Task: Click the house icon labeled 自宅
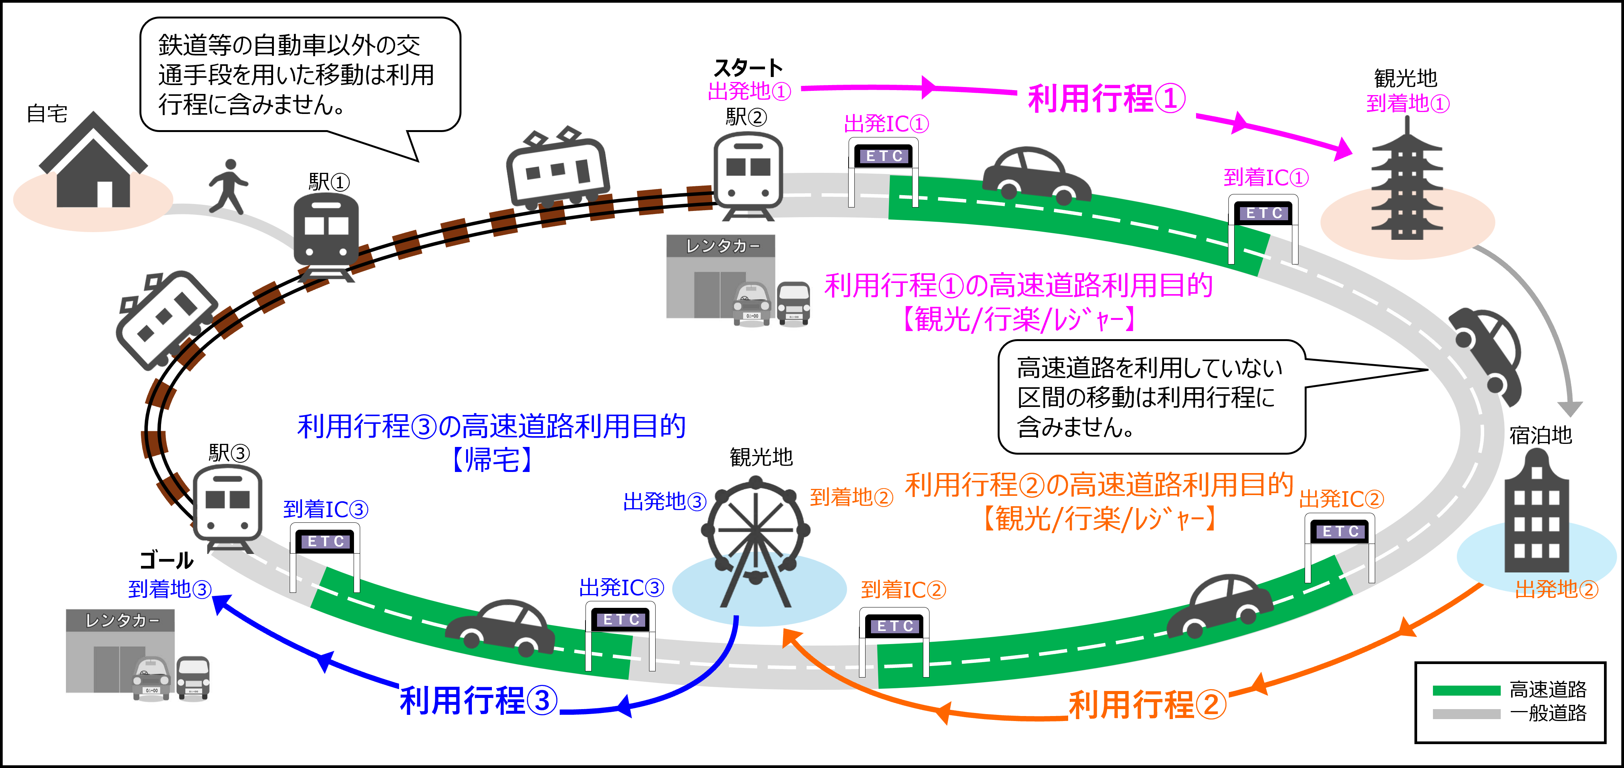point(93,162)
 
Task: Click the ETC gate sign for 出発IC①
point(883,156)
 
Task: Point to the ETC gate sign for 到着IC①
point(1263,213)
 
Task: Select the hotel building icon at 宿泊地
point(1537,514)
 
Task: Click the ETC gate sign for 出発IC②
point(1339,531)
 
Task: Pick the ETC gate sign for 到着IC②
point(894,626)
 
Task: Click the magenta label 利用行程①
point(1106,99)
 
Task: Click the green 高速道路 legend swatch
point(1466,690)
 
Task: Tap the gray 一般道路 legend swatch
point(1466,714)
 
